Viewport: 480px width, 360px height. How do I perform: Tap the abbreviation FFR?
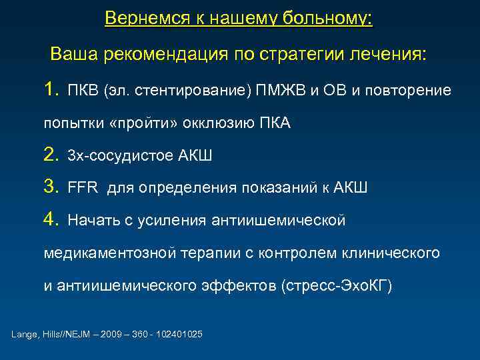click(82, 188)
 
